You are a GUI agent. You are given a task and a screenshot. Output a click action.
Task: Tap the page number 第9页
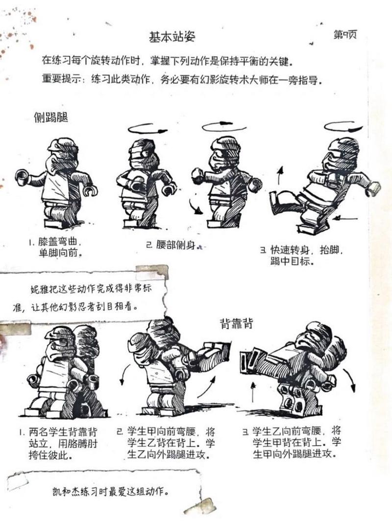pyautogui.click(x=344, y=35)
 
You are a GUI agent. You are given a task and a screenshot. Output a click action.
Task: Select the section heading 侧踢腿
pyautogui.click(x=50, y=118)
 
